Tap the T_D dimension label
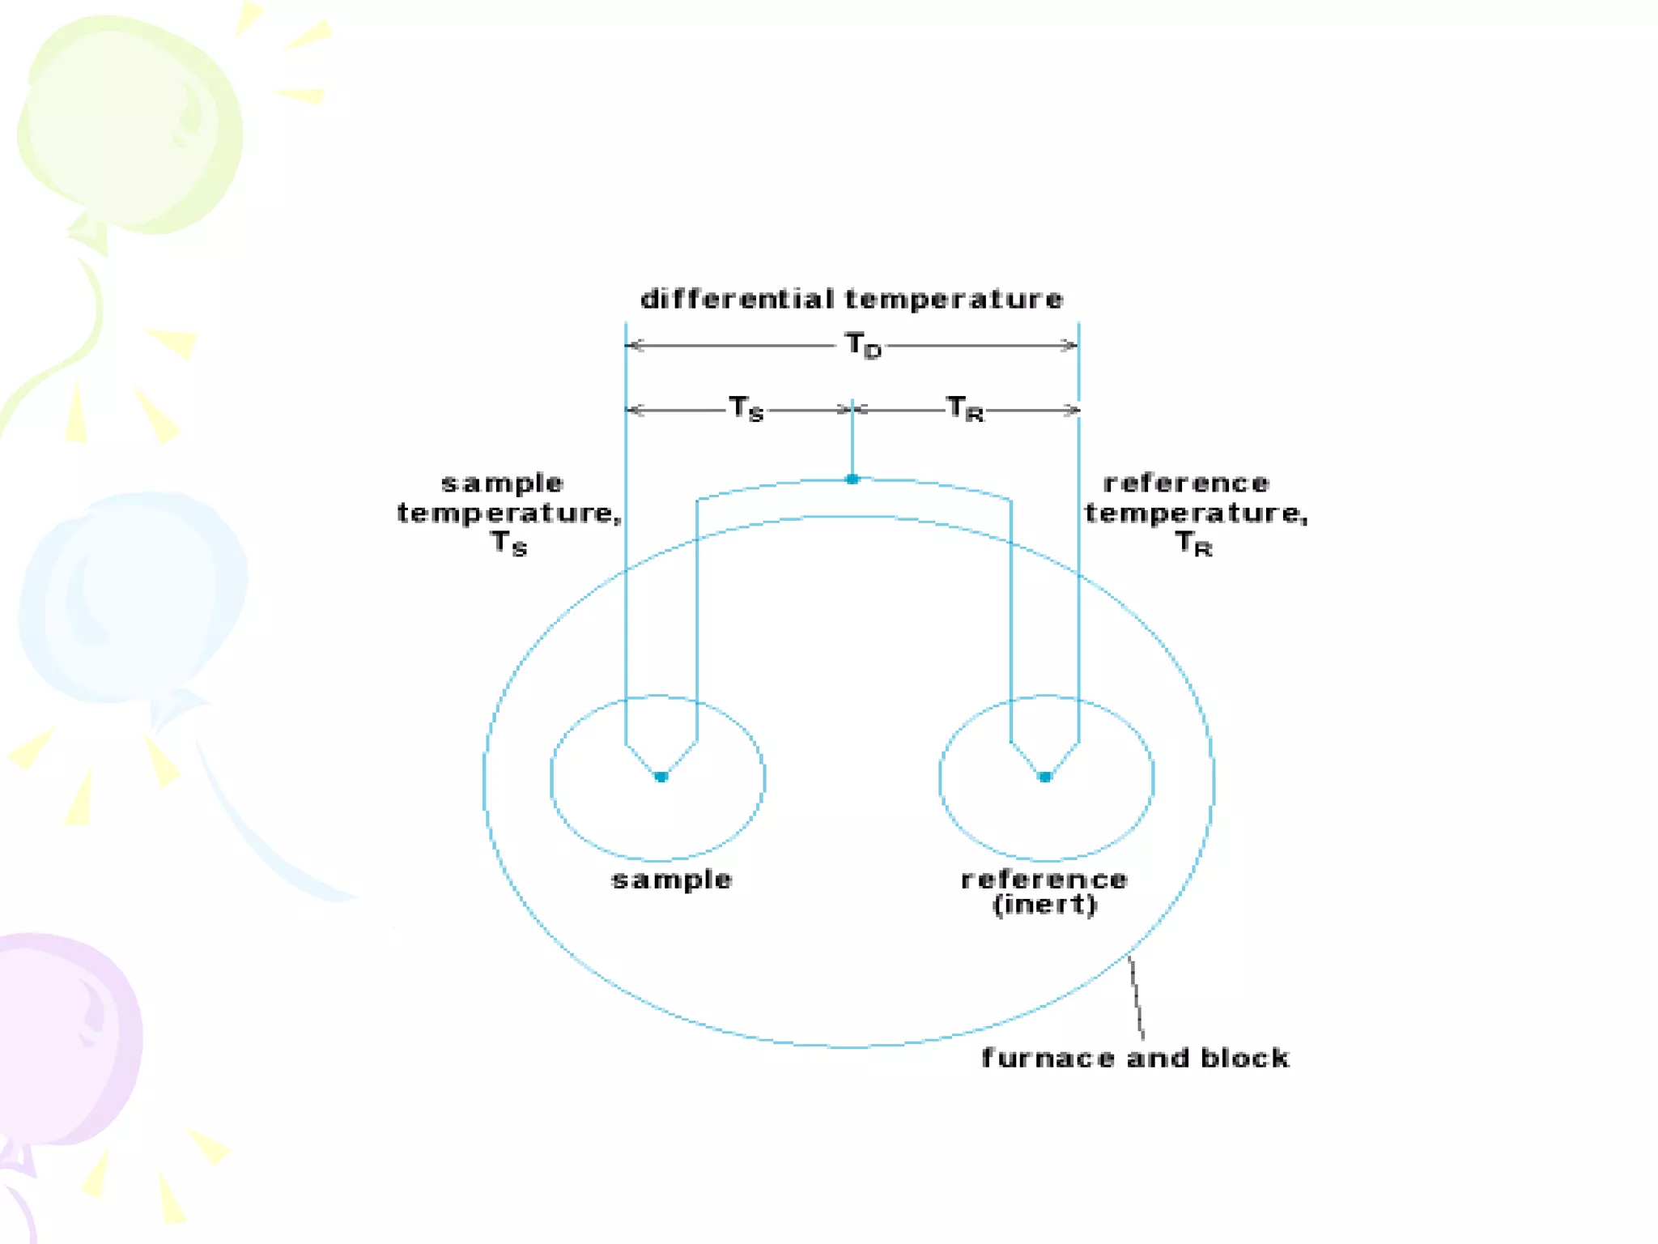(x=862, y=346)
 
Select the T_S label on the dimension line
(x=746, y=408)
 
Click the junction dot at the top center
(x=852, y=479)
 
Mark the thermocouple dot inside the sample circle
(x=661, y=777)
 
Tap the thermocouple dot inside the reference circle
(x=1044, y=777)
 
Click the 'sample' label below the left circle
(x=672, y=880)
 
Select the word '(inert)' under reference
(x=1044, y=905)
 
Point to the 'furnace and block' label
(x=1135, y=1058)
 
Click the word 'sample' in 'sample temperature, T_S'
(x=502, y=484)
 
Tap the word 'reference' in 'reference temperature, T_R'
(x=1186, y=484)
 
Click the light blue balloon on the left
(x=134, y=595)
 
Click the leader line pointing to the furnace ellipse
(x=1137, y=998)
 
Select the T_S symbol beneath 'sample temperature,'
(x=508, y=543)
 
